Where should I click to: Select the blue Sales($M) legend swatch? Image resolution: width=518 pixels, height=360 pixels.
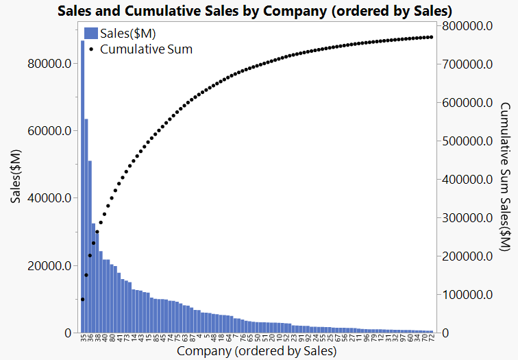tap(90, 33)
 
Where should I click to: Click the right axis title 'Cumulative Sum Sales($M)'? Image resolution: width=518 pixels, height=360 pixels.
tap(505, 178)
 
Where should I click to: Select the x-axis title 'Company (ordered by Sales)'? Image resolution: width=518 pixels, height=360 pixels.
tap(256, 352)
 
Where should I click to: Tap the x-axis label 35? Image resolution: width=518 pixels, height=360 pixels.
tap(82, 338)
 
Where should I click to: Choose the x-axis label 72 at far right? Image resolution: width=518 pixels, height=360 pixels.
tap(432, 338)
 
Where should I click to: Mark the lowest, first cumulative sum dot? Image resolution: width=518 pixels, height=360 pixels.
tap(82, 300)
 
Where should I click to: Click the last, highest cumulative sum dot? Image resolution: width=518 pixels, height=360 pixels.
tap(432, 37)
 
